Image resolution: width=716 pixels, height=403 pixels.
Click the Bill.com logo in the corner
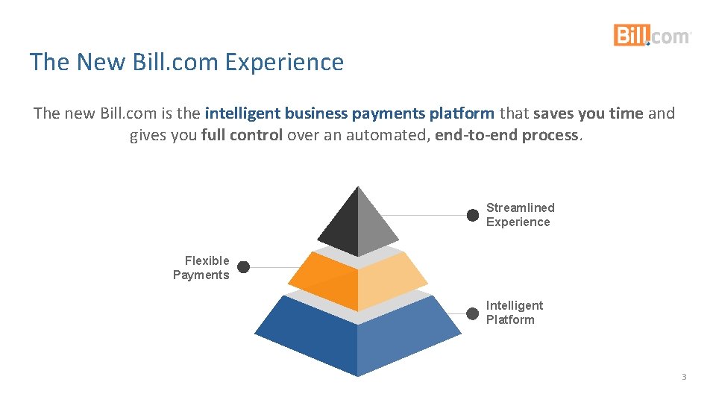(652, 35)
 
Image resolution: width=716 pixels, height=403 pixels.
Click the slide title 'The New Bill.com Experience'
(186, 62)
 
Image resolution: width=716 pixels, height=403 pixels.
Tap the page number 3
(683, 377)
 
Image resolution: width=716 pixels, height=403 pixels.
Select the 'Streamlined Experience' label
(520, 215)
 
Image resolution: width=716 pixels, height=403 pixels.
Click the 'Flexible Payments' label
(201, 268)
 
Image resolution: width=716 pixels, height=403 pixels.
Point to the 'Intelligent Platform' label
(514, 313)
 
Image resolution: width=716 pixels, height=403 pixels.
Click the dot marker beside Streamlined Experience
(472, 216)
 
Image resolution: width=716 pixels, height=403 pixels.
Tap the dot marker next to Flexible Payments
(243, 266)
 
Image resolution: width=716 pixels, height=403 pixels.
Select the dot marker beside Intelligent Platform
(472, 313)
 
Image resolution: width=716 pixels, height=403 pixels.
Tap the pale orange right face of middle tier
(390, 281)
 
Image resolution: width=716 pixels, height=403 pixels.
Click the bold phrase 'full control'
(242, 136)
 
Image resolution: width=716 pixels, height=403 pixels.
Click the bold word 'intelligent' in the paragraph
(242, 113)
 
